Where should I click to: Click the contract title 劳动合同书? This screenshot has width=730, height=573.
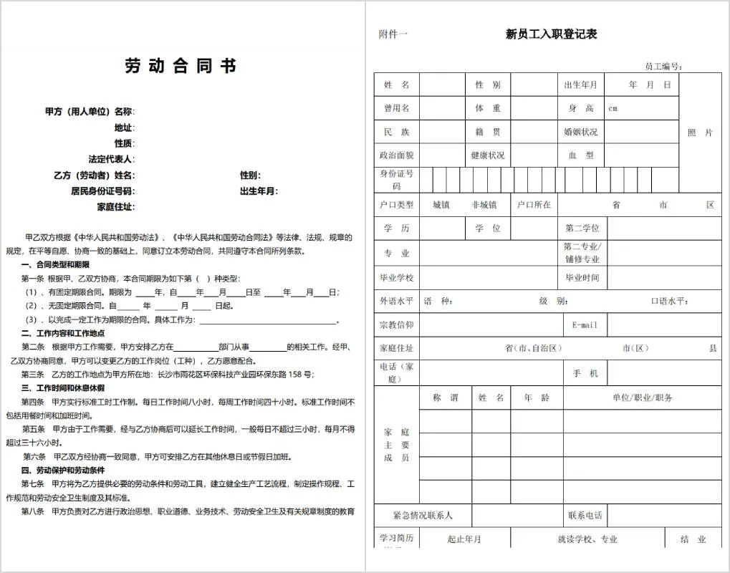[x=181, y=67]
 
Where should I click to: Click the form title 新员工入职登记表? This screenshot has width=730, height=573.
[x=551, y=34]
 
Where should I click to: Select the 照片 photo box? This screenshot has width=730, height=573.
[x=700, y=133]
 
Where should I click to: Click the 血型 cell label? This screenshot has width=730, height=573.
[x=580, y=155]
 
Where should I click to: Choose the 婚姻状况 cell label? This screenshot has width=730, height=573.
[x=580, y=132]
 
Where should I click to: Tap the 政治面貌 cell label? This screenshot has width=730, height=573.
[x=396, y=155]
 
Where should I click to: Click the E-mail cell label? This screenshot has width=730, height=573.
[x=585, y=324]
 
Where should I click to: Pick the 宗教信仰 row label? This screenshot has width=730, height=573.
[x=396, y=324]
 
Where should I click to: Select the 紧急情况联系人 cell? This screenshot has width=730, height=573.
[x=423, y=515]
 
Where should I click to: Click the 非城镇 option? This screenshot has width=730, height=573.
[x=484, y=205]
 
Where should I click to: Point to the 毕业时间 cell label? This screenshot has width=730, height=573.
[x=582, y=277]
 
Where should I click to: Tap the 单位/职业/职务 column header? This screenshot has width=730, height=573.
[x=642, y=398]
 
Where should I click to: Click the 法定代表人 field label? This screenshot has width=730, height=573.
[x=111, y=159]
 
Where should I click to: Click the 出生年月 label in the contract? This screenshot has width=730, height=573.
[x=259, y=191]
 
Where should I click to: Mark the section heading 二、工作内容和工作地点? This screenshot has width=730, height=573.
[x=63, y=334]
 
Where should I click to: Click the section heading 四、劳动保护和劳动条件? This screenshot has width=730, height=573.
[x=63, y=471]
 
